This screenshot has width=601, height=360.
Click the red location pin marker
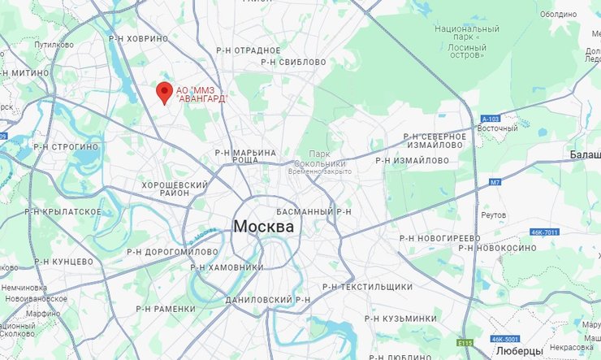[164, 92]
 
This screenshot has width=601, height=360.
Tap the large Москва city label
[263, 227]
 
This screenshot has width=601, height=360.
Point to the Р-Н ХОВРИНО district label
[138, 38]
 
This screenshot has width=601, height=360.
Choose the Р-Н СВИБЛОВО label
[295, 62]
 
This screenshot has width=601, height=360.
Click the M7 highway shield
[495, 183]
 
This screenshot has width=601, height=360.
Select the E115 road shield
[465, 343]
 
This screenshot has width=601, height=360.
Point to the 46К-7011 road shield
[545, 232]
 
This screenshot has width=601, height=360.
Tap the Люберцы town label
[518, 351]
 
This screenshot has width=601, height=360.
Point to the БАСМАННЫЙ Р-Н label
[313, 211]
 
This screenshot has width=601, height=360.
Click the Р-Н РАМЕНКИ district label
[166, 309]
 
